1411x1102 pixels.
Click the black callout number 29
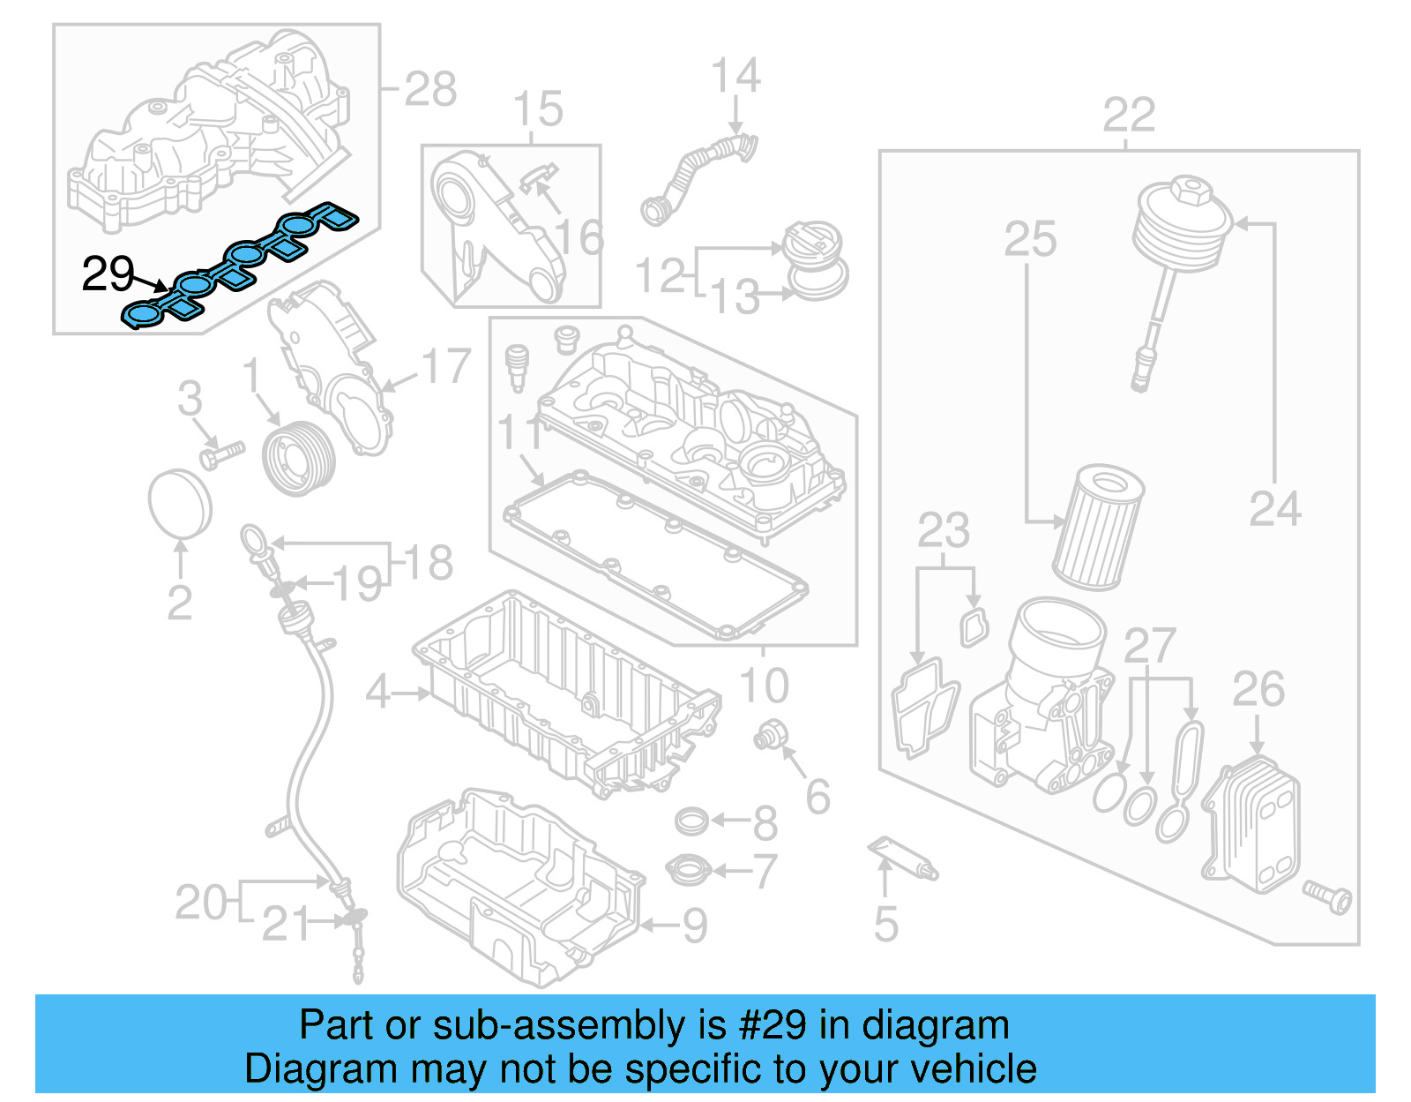pos(108,274)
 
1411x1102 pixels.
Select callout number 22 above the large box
pos(1128,116)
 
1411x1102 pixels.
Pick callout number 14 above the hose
pos(735,76)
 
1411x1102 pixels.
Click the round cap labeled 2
pos(180,503)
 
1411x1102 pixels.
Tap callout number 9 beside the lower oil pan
pos(696,925)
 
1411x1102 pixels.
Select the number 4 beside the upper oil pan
pos(377,692)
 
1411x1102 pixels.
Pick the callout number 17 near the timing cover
pos(446,366)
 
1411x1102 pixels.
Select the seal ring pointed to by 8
pos(692,821)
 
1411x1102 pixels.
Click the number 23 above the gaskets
pos(943,531)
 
